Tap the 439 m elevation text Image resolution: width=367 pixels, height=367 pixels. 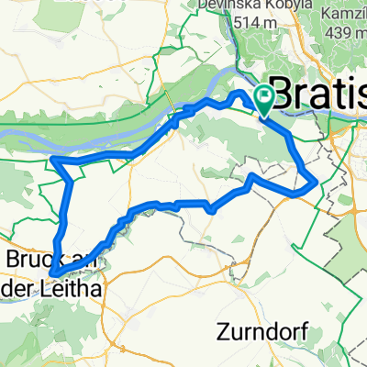point(344,33)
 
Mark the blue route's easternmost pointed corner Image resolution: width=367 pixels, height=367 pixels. point(318,183)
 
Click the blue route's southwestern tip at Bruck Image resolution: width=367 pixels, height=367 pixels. point(52,272)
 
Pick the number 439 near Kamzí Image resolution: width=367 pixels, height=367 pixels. point(336,33)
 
